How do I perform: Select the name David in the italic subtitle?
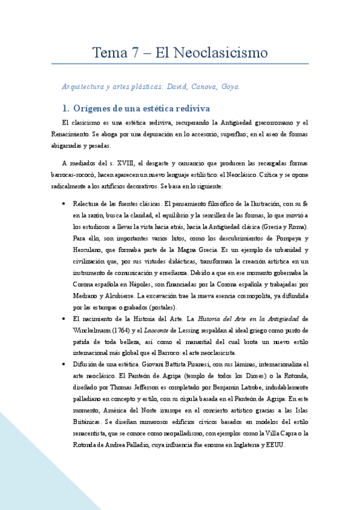[175, 87]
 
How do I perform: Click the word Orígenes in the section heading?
[94, 109]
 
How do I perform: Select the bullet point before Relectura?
[64, 204]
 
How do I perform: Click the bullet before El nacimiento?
[64, 319]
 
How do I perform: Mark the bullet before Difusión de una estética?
[64, 364]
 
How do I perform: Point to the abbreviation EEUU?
[278, 444]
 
